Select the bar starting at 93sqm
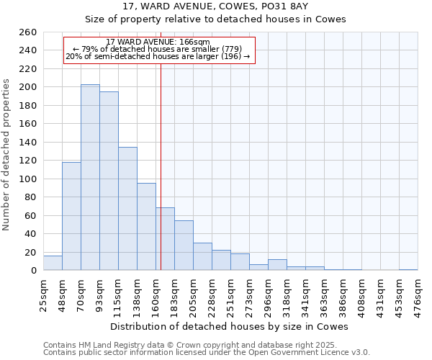pyautogui.click(x=109, y=181)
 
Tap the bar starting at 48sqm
pyautogui.click(x=71, y=216)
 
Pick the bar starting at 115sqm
pyautogui.click(x=127, y=209)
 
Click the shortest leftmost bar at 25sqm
pyautogui.click(x=53, y=264)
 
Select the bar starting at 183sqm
pyautogui.click(x=184, y=246)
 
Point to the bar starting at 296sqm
pyautogui.click(x=277, y=265)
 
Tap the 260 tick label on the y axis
pyautogui.click(x=28, y=32)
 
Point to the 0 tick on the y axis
pyautogui.click(x=33, y=271)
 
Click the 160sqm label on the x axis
pyautogui.click(x=156, y=294)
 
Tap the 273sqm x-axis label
pyautogui.click(x=249, y=294)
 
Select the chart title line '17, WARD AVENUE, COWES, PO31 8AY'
pyautogui.click(x=215, y=6)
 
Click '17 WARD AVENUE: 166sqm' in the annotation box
pyautogui.click(x=158, y=42)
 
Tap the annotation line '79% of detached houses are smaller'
pyautogui.click(x=158, y=49)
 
